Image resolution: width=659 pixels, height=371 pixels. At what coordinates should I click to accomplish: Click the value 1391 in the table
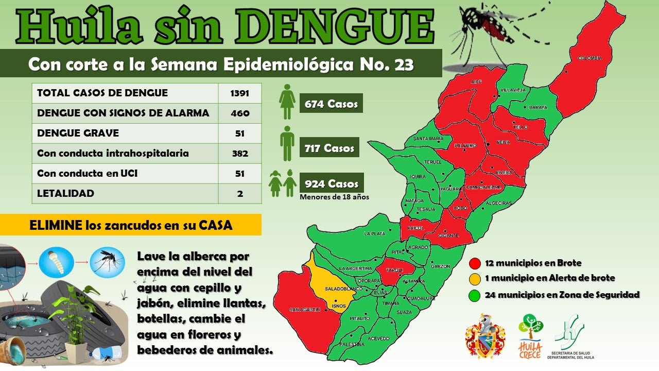pyautogui.click(x=240, y=93)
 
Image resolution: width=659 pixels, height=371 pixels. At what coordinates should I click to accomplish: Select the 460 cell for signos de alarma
pyautogui.click(x=240, y=113)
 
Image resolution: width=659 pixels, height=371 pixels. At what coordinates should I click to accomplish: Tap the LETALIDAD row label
pyautogui.click(x=66, y=194)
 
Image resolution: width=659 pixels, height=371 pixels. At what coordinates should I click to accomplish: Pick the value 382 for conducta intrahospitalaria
pyautogui.click(x=240, y=154)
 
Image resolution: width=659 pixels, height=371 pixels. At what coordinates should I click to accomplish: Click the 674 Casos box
pyautogui.click(x=331, y=104)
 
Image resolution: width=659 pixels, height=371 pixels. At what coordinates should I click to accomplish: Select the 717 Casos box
pyautogui.click(x=329, y=148)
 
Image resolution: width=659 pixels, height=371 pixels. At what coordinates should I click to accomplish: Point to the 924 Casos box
pyautogui.click(x=331, y=183)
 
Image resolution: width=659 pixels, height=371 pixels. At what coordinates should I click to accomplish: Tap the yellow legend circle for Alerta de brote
pyautogui.click(x=475, y=278)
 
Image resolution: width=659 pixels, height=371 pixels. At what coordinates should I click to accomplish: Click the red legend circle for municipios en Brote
pyautogui.click(x=475, y=263)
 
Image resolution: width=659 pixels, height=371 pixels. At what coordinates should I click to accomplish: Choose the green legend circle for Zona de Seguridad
pyautogui.click(x=475, y=295)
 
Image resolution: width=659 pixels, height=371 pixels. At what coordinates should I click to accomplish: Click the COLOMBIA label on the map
pyautogui.click(x=589, y=58)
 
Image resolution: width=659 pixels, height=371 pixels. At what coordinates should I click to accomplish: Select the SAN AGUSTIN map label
pyautogui.click(x=305, y=309)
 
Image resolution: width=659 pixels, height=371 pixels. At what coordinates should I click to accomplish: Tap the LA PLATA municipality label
pyautogui.click(x=374, y=233)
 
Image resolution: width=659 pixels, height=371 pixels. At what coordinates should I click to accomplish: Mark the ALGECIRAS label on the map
pyautogui.click(x=498, y=203)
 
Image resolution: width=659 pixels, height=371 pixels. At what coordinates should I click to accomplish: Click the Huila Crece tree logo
pyautogui.click(x=530, y=335)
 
